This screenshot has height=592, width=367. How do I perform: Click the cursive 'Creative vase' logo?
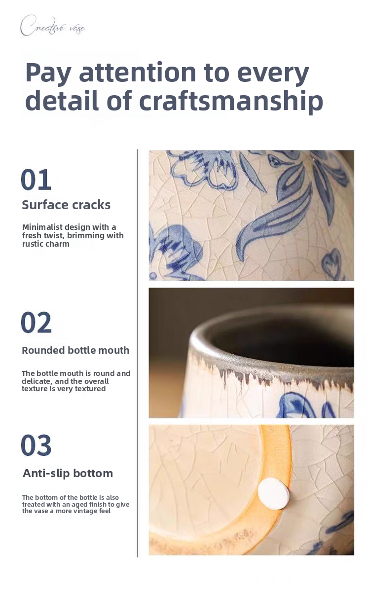tap(53, 26)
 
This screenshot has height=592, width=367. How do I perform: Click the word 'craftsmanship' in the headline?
tap(231, 101)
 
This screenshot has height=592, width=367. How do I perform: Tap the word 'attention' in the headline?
tap(138, 72)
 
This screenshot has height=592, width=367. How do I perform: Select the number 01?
tap(36, 180)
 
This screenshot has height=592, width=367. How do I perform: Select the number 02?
tap(36, 323)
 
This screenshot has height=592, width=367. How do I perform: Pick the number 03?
tap(36, 445)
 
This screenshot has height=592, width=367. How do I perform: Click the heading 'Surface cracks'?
tap(66, 205)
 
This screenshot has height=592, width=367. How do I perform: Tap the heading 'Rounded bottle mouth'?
tap(75, 350)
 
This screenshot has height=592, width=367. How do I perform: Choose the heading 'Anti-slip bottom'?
tap(68, 473)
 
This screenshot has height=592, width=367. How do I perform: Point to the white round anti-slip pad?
tap(273, 493)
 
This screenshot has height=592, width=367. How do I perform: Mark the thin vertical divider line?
tap(138, 353)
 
